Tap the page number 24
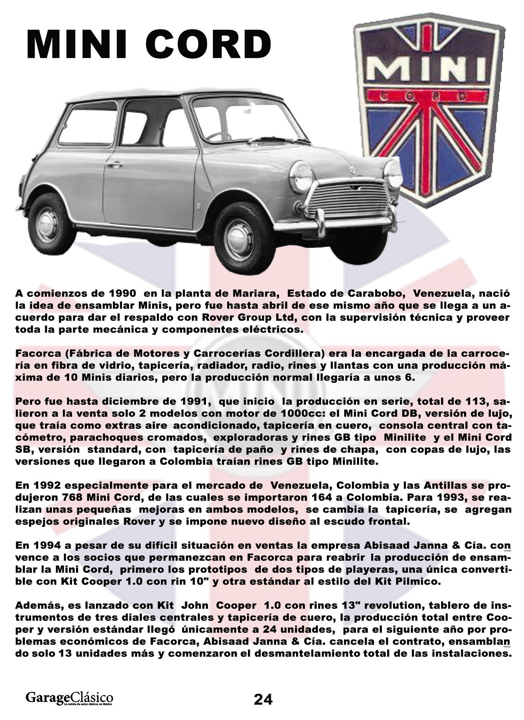coord(263,699)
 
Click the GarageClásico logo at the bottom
coord(69,697)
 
